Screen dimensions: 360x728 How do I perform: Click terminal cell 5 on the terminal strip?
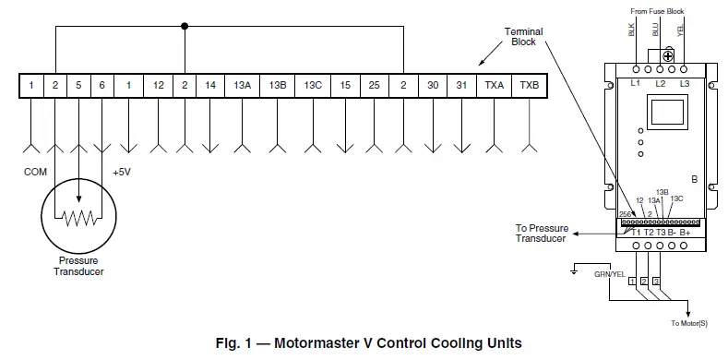[78, 85]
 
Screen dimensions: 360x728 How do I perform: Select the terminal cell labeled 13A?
[243, 85]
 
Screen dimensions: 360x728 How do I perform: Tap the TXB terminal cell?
[529, 85]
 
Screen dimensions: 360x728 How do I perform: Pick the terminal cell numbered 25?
[373, 85]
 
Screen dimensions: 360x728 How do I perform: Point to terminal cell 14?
[210, 85]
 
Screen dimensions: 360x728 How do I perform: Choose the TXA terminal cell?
[495, 85]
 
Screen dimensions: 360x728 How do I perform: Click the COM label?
[34, 172]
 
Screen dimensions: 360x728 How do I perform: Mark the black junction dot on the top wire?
[185, 26]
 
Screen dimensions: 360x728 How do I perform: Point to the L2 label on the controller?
[661, 84]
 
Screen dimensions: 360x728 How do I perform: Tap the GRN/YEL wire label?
[609, 273]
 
